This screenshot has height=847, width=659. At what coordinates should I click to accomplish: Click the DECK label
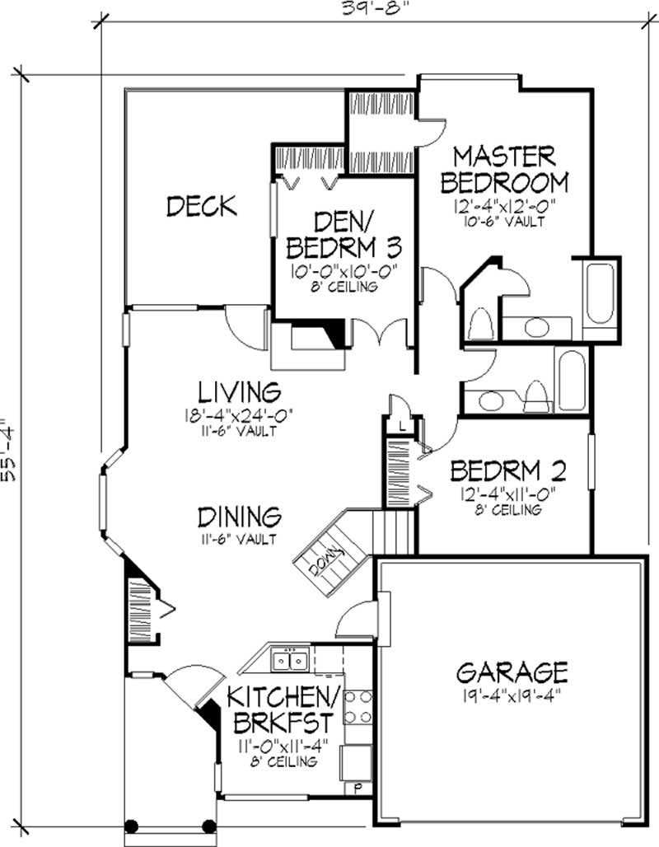pos(202,206)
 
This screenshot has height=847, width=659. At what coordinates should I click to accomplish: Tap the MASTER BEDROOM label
pos(504,170)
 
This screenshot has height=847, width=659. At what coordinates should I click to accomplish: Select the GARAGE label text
pos(512,672)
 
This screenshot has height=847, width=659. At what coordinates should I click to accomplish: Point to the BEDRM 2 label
pos(508,470)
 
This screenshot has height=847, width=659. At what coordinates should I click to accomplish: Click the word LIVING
pos(239,392)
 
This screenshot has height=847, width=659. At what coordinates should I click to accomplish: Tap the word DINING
pos(239,517)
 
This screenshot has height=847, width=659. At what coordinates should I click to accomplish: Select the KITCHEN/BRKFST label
pos(283,710)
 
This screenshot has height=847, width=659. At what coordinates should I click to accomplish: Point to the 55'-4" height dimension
pos(9,449)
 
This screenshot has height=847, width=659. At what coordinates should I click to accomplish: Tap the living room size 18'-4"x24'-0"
pos(238,415)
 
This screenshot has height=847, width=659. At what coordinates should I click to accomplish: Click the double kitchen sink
pos(290,660)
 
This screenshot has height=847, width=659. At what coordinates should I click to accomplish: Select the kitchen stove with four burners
pos(358,707)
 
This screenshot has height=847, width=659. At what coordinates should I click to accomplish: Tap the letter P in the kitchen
pos(357,789)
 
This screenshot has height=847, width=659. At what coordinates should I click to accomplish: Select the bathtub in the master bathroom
pos(599,293)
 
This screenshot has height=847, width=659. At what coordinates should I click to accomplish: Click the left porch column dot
pos(131,826)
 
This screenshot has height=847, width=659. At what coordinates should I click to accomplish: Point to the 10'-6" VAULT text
pos(503,222)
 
